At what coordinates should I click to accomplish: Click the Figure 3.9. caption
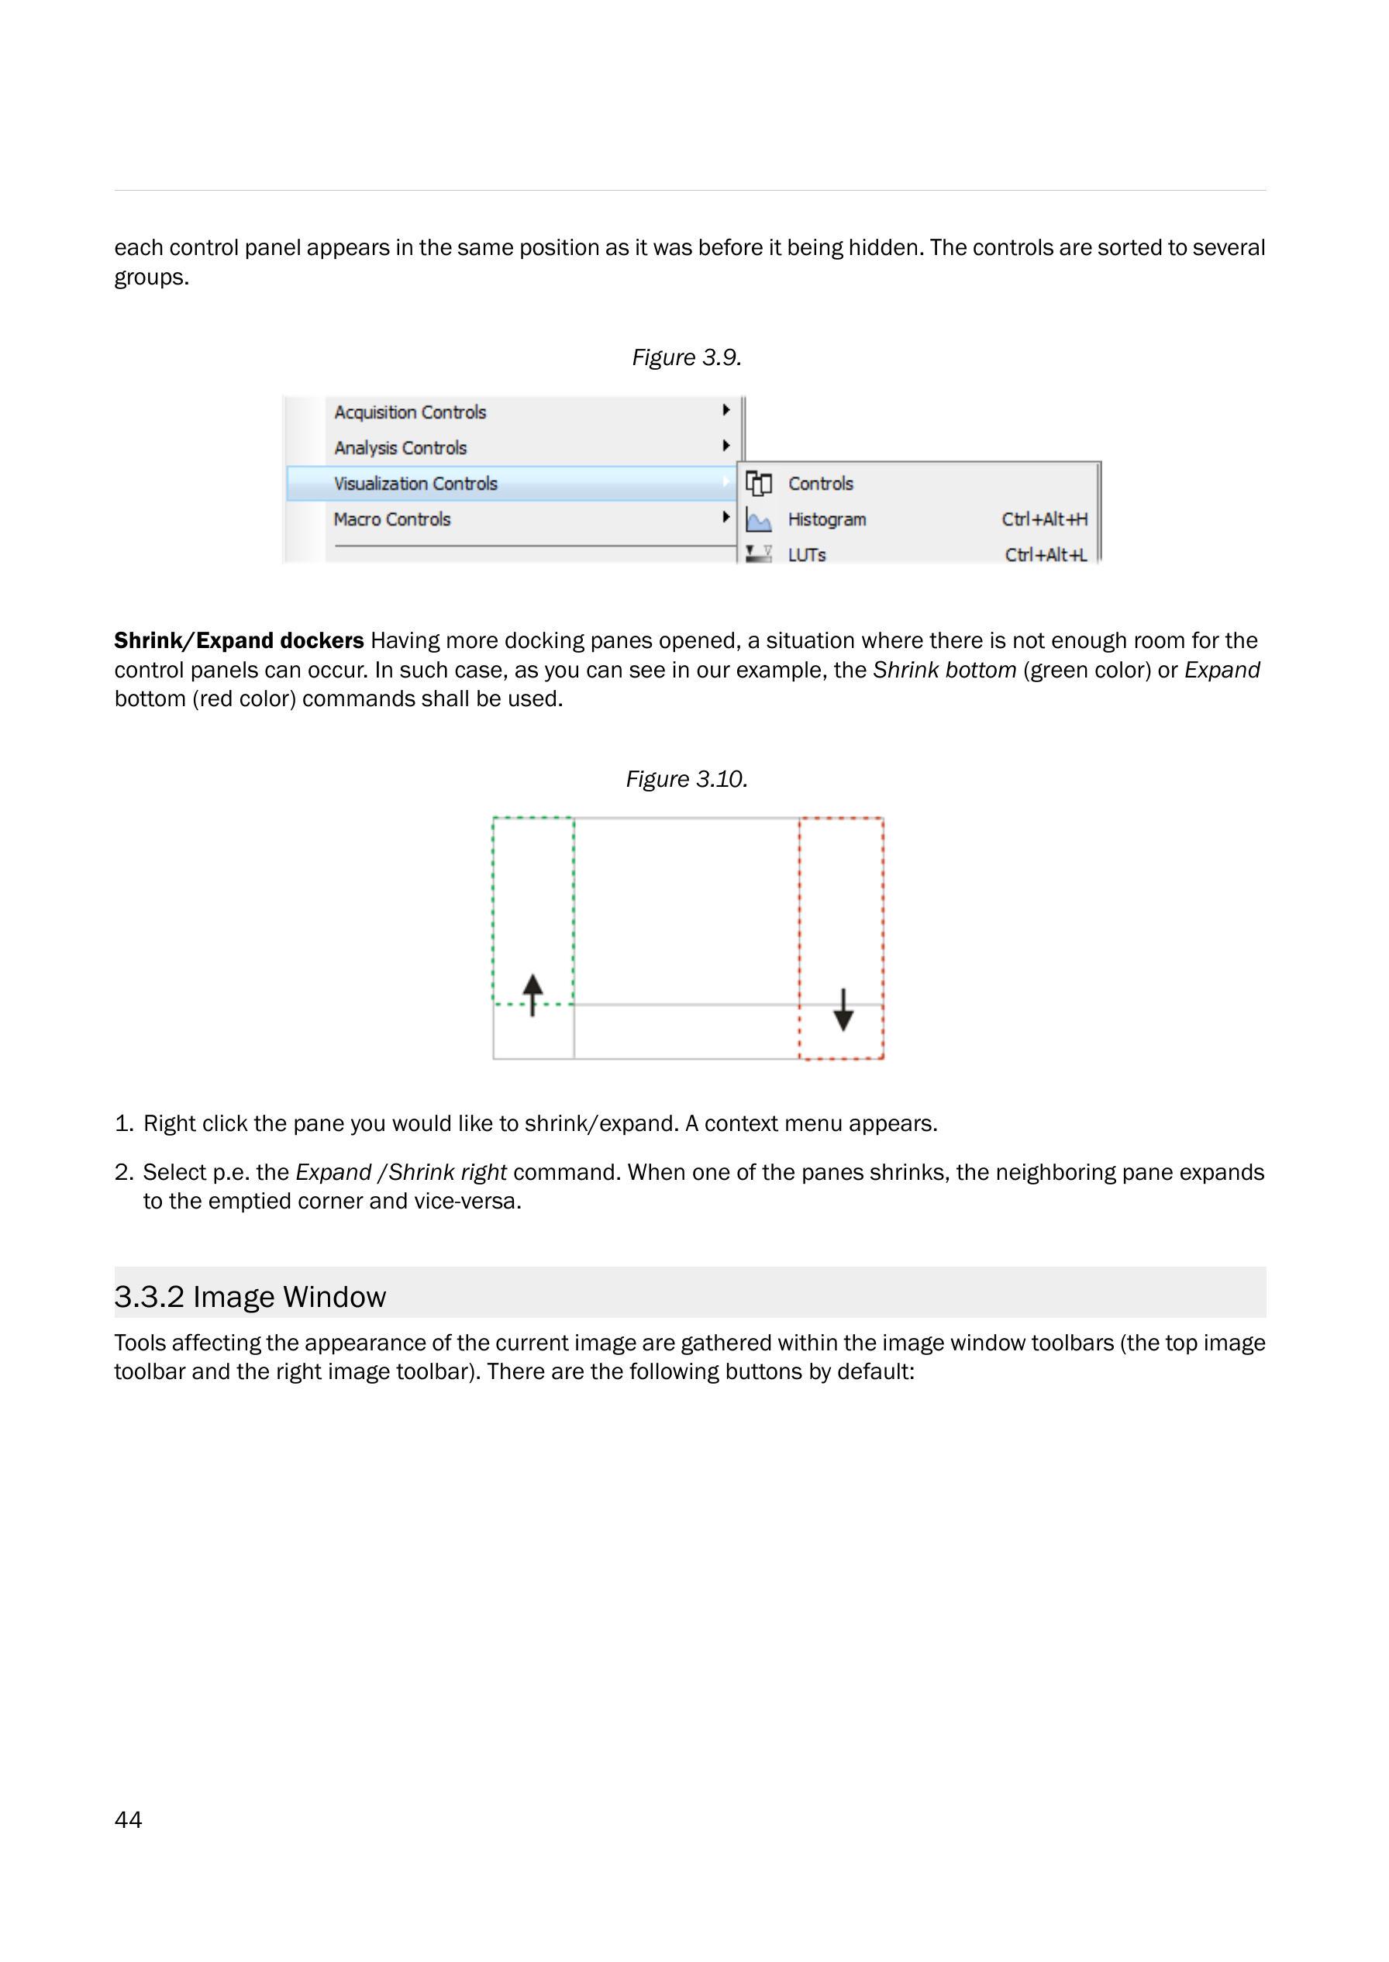[x=686, y=357]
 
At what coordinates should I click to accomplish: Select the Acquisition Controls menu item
[x=410, y=412]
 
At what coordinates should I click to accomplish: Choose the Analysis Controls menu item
[x=400, y=448]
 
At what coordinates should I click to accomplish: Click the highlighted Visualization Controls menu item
[x=415, y=484]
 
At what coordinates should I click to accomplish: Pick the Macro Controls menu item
[x=391, y=519]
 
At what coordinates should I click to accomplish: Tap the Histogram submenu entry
[x=826, y=519]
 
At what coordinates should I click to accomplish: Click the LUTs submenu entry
[x=807, y=555]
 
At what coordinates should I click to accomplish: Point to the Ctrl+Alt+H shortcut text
[x=1044, y=519]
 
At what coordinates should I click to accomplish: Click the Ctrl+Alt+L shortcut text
[x=1045, y=555]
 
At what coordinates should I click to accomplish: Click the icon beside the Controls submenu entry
[x=759, y=484]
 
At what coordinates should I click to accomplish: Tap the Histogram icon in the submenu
[x=759, y=520]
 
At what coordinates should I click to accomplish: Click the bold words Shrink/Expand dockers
[x=239, y=640]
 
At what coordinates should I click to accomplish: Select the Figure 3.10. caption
[x=687, y=779]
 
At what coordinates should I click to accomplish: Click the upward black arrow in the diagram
[x=533, y=994]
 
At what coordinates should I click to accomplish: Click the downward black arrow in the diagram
[x=843, y=1010]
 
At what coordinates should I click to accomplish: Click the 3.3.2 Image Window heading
[x=250, y=1297]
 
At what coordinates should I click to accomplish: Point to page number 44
[x=129, y=1819]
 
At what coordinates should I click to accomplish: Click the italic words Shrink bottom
[x=944, y=670]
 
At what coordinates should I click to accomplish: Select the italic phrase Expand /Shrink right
[x=402, y=1172]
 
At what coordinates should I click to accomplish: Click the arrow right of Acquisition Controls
[x=726, y=411]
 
